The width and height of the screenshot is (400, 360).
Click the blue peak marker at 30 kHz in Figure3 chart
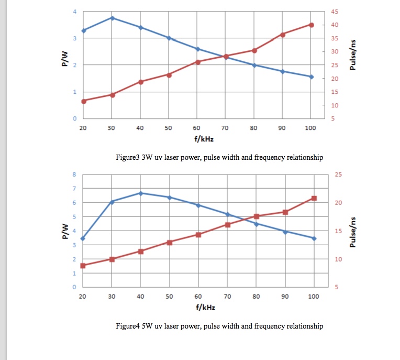click(x=112, y=18)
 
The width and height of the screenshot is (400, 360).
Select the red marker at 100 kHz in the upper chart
click(x=311, y=25)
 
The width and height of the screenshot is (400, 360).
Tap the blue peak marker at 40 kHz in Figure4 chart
click(x=140, y=193)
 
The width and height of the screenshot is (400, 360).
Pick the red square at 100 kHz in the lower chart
click(x=314, y=198)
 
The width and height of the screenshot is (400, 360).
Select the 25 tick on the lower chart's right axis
click(x=337, y=174)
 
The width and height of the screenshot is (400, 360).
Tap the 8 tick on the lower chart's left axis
click(x=74, y=174)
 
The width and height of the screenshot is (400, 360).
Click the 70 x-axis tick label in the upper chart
click(x=225, y=128)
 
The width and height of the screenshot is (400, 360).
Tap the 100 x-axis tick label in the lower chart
click(x=313, y=297)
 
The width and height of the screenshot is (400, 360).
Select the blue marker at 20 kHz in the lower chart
click(x=83, y=238)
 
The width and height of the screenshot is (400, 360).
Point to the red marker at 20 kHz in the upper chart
click(x=84, y=101)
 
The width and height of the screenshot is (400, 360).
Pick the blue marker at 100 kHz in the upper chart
click(x=311, y=77)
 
